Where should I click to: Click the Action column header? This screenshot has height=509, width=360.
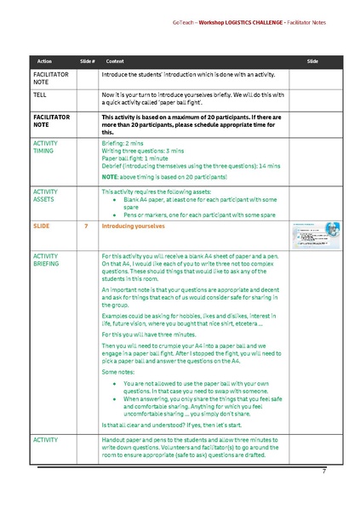[x=44, y=62]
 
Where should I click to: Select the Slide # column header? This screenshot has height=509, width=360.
[x=87, y=62]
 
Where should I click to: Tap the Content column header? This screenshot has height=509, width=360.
[x=115, y=62]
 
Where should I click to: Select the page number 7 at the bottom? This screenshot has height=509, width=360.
[x=324, y=472]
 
